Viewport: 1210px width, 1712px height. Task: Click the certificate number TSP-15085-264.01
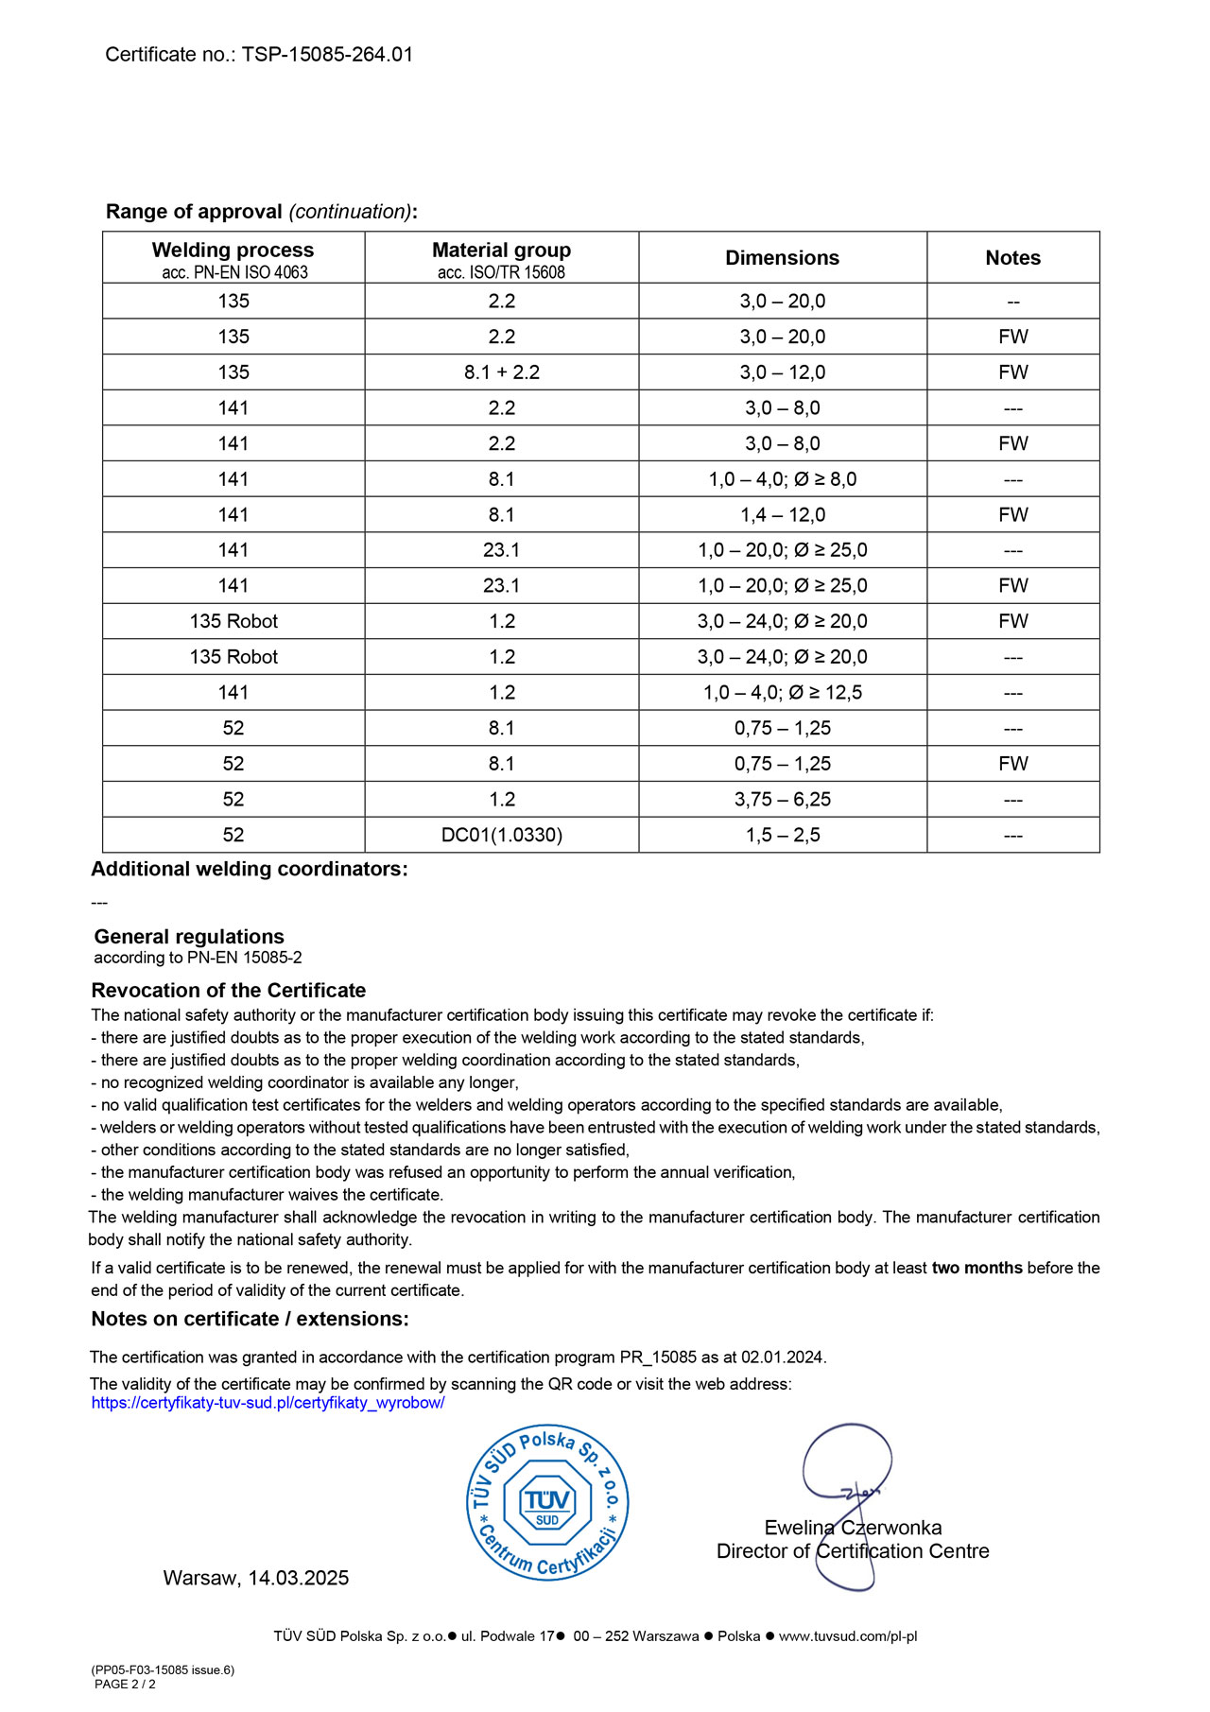[327, 55]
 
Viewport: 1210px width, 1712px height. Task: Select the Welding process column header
[233, 251]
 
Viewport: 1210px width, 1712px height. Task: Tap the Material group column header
[501, 251]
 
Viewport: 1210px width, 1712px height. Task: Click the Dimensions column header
[782, 258]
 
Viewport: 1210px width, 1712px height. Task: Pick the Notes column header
[1012, 258]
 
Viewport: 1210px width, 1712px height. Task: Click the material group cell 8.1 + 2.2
[501, 372]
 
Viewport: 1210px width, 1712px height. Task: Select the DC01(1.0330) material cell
[501, 836]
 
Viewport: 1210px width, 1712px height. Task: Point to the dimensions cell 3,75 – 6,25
[782, 800]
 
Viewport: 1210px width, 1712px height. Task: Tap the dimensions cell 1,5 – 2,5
[782, 836]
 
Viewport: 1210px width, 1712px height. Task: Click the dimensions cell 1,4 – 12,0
[782, 515]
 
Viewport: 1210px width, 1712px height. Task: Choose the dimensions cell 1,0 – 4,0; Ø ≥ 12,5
[782, 693]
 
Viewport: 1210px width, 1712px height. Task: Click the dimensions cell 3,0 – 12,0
[782, 372]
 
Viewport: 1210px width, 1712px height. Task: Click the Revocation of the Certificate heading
[228, 991]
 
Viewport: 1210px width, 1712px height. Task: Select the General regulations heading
[189, 937]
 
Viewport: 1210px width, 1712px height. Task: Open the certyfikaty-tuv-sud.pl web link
[268, 1403]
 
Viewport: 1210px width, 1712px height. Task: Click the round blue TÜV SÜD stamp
[547, 1502]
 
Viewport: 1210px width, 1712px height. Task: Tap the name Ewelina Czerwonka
[853, 1528]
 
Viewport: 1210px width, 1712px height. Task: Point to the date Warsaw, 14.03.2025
[255, 1578]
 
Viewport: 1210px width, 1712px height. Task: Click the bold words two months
[977, 1269]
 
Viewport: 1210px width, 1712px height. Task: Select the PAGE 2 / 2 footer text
[125, 1684]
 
